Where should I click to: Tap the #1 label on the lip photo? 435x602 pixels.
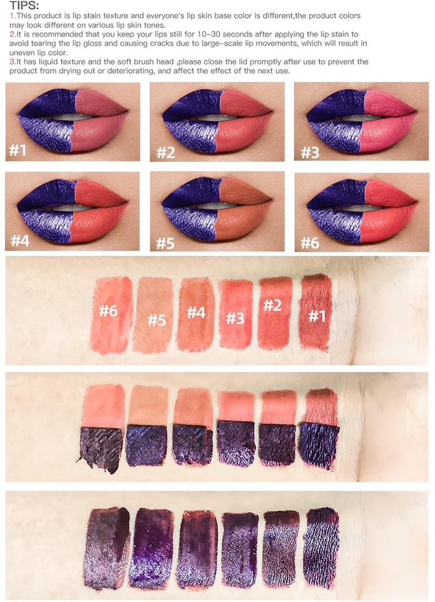pos(19,150)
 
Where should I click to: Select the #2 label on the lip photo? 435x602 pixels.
pos(165,152)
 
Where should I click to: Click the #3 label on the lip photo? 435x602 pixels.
pos(310,152)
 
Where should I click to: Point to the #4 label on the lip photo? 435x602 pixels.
pos(20,240)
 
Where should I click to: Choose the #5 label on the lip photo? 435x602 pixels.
pos(165,243)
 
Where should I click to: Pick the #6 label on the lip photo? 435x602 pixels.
pos(310,243)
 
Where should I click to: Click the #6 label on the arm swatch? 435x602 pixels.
pos(108,311)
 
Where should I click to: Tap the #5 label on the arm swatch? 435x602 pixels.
pos(156,320)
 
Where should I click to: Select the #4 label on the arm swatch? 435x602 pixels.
pos(195,312)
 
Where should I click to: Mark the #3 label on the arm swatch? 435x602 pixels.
pos(235,318)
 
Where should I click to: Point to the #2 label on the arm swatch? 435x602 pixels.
pos(273,305)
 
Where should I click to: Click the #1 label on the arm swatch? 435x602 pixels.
pos(317,316)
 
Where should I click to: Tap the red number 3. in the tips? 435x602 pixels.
pos(13,62)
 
